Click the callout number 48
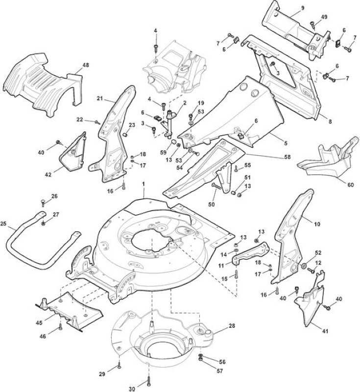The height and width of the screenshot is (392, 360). coord(85,65)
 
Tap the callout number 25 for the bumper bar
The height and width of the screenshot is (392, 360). coord(3,223)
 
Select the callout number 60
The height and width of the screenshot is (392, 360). coord(351,185)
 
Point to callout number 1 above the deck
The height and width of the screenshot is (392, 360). coord(144,184)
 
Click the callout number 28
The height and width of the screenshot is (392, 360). coord(232,326)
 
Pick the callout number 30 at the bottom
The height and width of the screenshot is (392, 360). coord(132,389)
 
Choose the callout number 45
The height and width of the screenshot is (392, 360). coord(39,323)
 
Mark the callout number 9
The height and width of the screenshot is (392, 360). coord(303,8)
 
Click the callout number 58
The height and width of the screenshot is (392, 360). coord(288,157)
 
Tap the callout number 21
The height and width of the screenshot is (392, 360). coord(100,98)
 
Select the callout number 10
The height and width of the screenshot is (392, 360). coord(317,224)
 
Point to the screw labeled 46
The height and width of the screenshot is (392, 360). coord(60,327)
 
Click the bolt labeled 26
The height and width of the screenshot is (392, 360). coord(43,203)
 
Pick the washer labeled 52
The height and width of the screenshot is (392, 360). coord(304,266)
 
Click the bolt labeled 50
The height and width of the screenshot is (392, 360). coord(216,186)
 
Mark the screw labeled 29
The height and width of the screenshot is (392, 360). coord(119,366)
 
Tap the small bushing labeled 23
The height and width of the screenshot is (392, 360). coord(126,135)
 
